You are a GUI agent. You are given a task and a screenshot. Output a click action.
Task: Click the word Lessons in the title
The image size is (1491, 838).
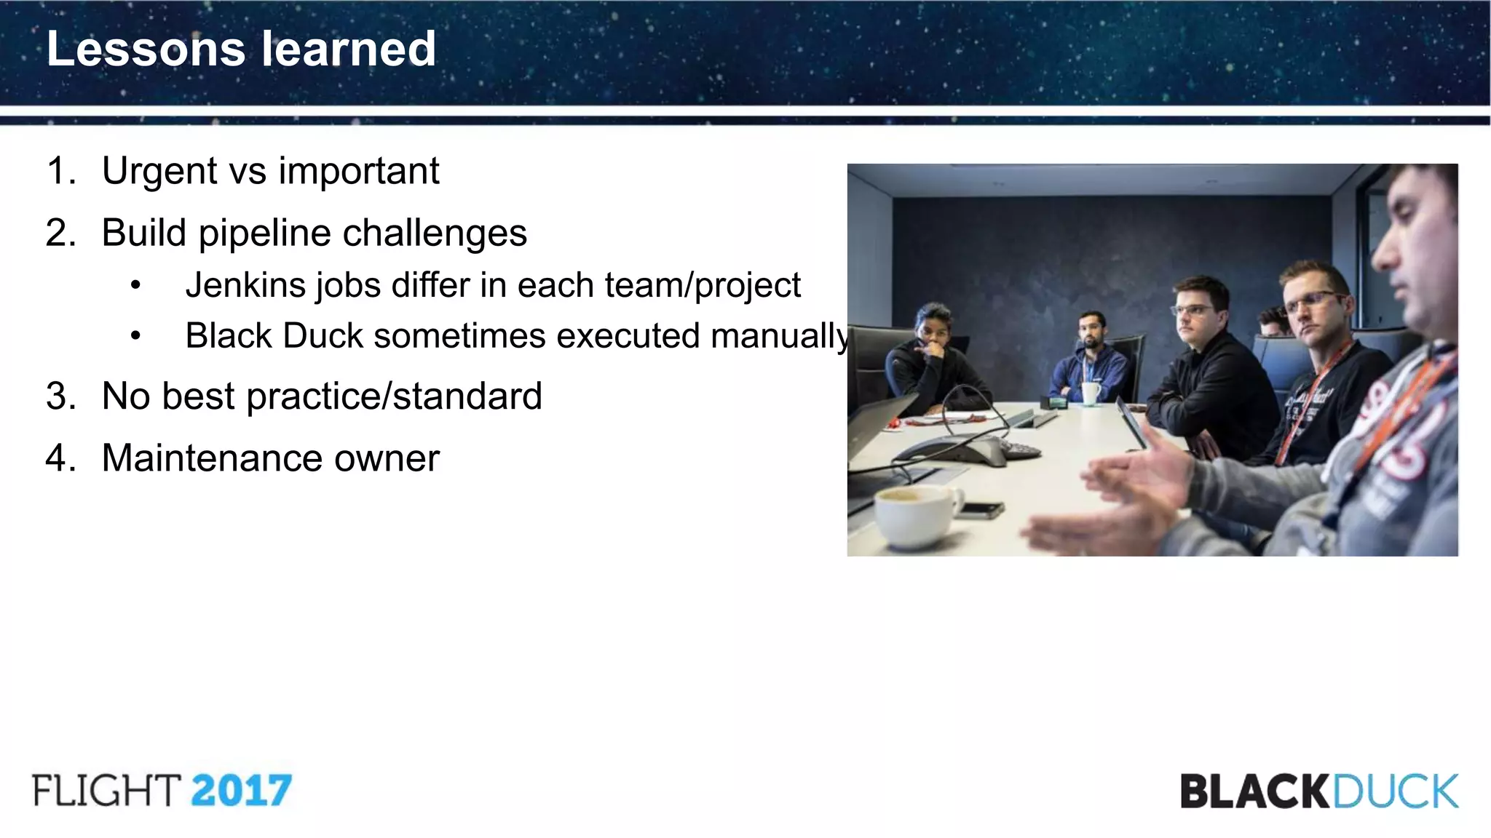click(146, 49)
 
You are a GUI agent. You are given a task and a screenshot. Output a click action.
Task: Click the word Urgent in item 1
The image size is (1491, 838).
click(159, 172)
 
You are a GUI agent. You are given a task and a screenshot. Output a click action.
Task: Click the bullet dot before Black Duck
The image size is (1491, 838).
click(135, 336)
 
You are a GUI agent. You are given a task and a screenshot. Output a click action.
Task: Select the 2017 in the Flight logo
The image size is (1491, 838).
click(241, 791)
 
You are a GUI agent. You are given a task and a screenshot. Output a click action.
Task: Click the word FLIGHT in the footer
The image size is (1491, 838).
click(106, 791)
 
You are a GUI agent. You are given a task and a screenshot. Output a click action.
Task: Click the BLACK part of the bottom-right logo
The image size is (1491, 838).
click(1256, 791)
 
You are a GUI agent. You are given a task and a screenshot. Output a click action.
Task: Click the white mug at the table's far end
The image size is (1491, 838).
click(1091, 393)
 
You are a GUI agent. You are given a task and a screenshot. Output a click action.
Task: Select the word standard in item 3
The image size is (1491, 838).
click(467, 396)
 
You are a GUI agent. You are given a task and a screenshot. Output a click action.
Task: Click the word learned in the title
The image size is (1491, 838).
click(349, 49)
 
